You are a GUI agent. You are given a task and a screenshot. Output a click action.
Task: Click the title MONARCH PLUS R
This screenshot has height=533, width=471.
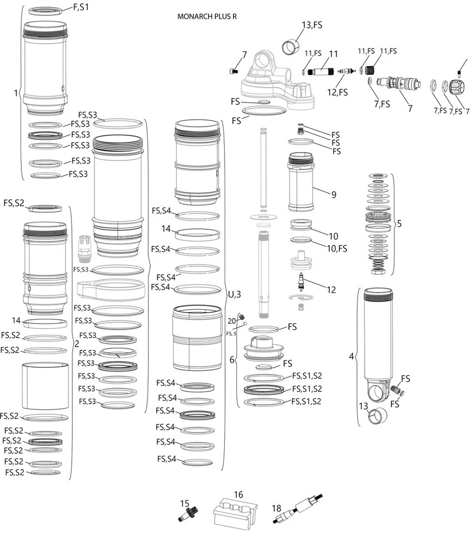[207, 16]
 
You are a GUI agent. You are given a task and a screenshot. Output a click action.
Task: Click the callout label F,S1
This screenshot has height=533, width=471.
[81, 7]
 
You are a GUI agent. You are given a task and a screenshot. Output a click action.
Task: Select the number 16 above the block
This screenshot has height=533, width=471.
[239, 495]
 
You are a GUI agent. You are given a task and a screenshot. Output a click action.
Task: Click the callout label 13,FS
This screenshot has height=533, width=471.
[312, 25]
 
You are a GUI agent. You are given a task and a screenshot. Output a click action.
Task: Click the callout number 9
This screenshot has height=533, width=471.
[334, 195]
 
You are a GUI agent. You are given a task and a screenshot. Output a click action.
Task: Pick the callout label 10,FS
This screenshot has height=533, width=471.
[336, 248]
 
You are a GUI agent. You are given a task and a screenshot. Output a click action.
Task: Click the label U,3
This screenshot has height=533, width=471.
[234, 294]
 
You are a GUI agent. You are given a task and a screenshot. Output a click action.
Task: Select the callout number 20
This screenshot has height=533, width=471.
[232, 321]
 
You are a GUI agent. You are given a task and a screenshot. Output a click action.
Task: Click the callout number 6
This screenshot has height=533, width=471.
[232, 359]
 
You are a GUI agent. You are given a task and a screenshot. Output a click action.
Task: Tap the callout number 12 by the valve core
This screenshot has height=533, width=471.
[331, 289]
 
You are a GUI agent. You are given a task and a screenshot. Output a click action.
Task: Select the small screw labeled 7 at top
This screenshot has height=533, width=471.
[234, 71]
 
